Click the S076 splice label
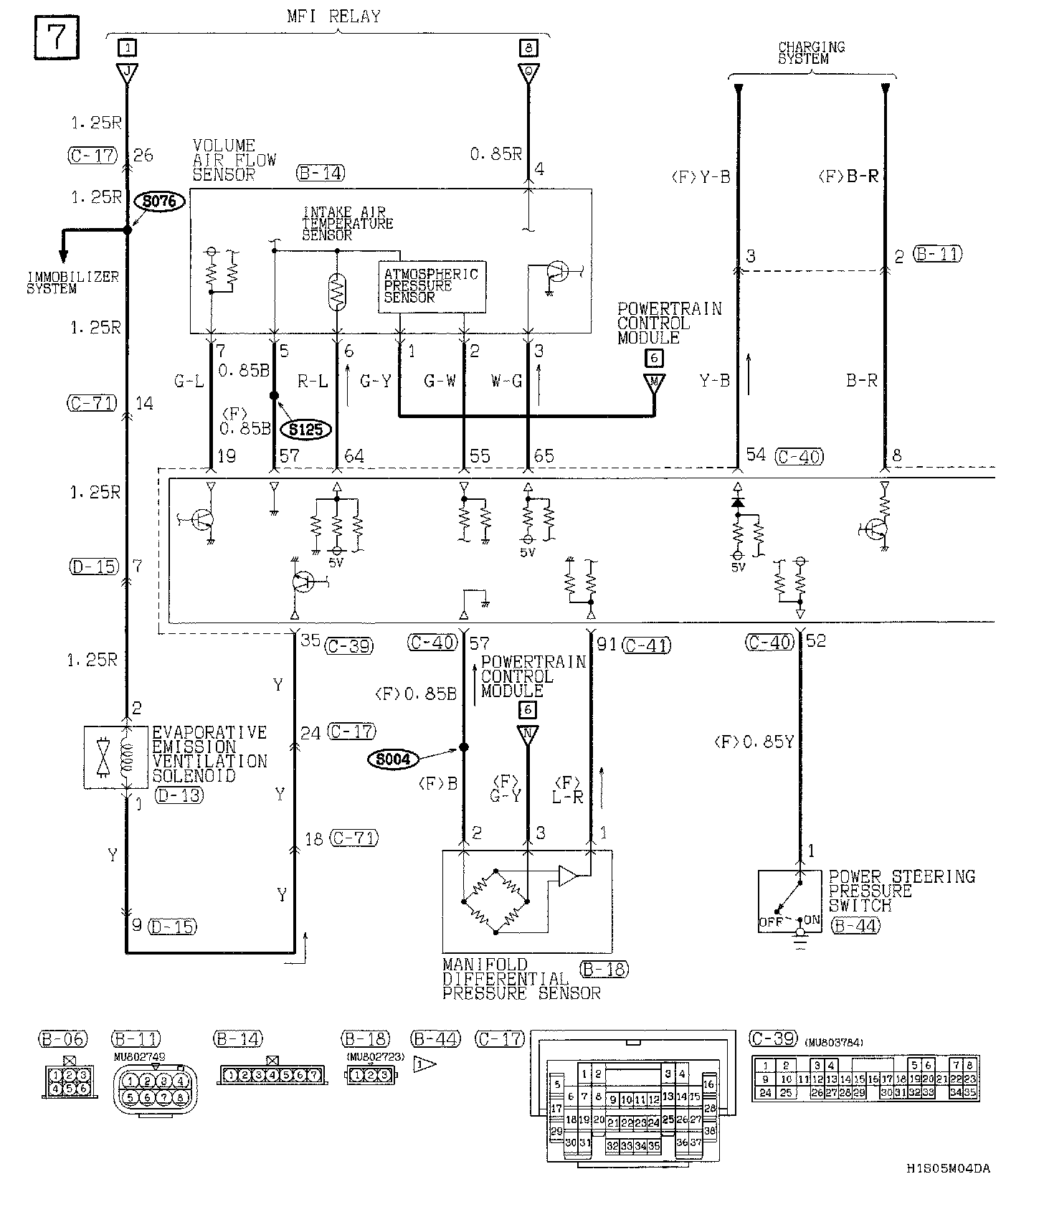coord(159,202)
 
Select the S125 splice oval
coord(306,429)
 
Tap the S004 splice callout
coord(393,759)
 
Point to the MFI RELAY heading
coord(333,16)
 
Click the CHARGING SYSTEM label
coord(812,53)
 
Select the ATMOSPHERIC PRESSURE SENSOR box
coord(432,286)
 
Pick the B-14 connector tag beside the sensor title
coord(320,173)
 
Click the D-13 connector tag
coord(179,795)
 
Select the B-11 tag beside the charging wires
coord(938,254)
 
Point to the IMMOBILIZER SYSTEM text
coord(72,283)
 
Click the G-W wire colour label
coord(440,381)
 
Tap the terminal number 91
coord(607,644)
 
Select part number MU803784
coord(833,1043)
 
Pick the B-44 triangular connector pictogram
coord(424,1064)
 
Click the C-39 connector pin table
coord(865,1079)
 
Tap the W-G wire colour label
coord(506,381)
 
